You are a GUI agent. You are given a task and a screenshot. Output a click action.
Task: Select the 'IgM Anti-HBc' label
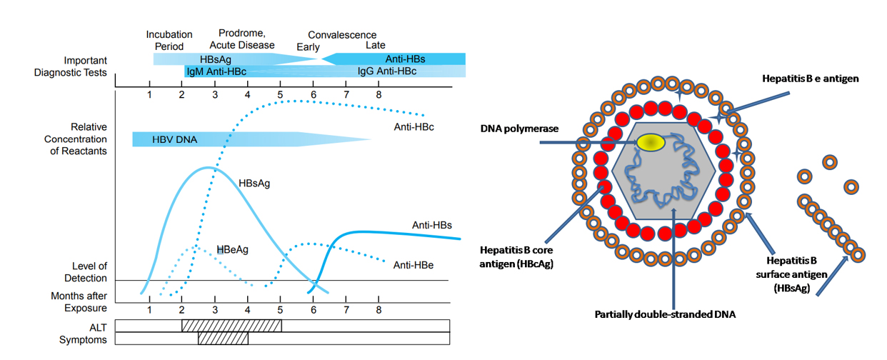point(213,72)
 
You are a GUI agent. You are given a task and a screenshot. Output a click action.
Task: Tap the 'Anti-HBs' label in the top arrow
point(405,59)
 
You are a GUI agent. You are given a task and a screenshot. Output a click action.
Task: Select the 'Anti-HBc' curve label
point(414,127)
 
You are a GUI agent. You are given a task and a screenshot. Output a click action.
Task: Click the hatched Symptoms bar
point(223,339)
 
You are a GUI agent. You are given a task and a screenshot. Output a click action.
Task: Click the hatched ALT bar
point(231,326)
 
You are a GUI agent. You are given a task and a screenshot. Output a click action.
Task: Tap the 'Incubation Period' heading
point(169,40)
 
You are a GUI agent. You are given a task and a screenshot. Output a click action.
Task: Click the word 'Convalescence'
point(342,35)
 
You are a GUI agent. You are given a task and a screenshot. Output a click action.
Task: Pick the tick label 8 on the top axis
point(379,94)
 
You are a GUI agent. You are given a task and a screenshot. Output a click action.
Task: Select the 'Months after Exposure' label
point(79,301)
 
